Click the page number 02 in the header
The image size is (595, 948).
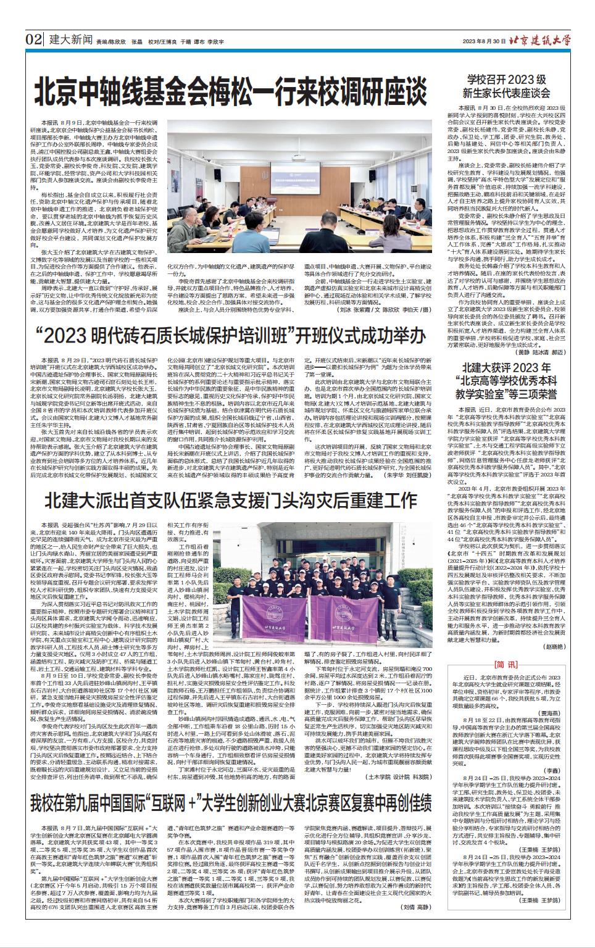(x=34, y=40)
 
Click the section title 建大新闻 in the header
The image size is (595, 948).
(x=70, y=40)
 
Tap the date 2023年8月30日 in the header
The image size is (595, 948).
(x=484, y=41)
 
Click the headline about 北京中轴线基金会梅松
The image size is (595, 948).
(x=231, y=93)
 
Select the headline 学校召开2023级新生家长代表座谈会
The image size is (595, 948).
(x=506, y=86)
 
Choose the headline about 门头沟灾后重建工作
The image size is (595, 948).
(x=231, y=499)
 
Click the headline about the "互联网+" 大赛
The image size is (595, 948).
(x=231, y=803)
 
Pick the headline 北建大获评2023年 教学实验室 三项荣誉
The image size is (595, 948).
(x=506, y=380)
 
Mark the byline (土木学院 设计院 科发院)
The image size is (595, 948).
(x=399, y=777)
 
